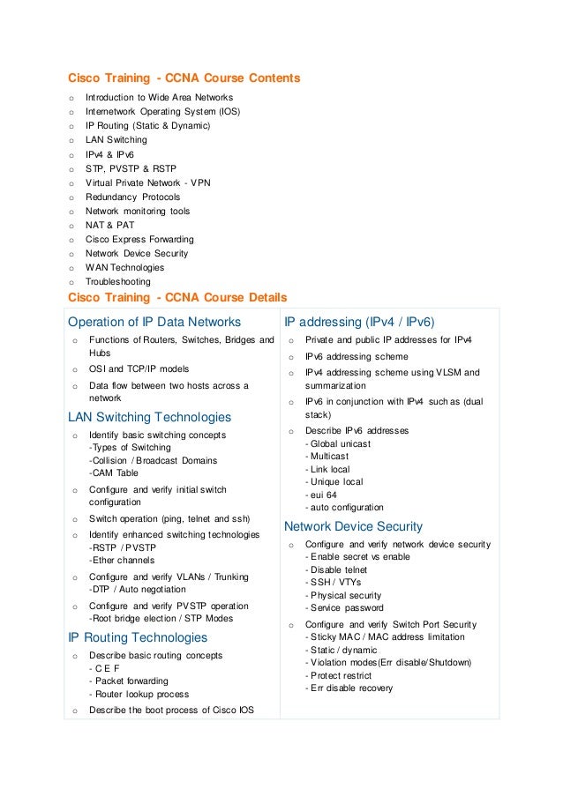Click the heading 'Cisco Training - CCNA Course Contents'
[184, 78]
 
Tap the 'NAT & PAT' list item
[110, 226]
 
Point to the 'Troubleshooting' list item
[117, 282]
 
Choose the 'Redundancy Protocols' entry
[132, 197]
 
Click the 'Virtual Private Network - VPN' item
[147, 182]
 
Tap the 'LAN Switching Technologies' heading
[149, 417]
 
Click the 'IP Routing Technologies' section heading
[138, 637]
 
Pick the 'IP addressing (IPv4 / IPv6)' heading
[359, 321]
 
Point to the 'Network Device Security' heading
[353, 526]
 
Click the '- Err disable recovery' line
[349, 688]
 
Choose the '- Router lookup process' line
[139, 694]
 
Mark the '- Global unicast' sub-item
[337, 443]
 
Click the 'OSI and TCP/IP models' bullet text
[139, 368]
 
